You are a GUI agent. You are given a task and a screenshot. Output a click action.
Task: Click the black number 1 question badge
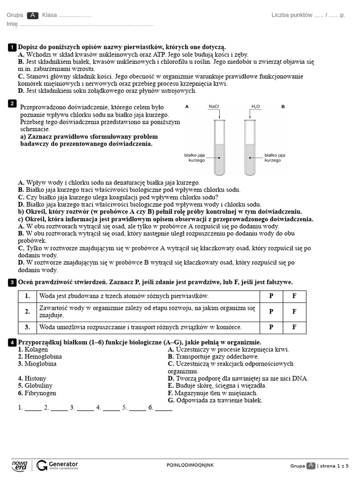[12, 47]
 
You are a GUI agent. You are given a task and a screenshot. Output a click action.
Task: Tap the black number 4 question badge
[12, 343]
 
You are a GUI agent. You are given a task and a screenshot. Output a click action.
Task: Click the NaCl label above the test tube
[214, 107]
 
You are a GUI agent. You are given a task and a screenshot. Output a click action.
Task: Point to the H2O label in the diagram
[255, 107]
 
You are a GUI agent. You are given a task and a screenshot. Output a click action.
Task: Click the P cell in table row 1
[271, 296]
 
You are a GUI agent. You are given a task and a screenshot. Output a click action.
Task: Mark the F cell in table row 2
[294, 311]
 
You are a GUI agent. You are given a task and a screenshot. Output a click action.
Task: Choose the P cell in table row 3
[271, 327]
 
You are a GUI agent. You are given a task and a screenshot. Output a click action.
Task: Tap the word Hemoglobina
[40, 357]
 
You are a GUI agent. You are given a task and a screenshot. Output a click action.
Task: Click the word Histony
[32, 378]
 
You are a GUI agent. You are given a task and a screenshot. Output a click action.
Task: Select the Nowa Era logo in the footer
[20, 465]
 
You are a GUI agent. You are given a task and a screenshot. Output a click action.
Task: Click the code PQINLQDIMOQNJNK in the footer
[190, 465]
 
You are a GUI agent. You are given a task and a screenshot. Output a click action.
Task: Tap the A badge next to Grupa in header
[33, 15]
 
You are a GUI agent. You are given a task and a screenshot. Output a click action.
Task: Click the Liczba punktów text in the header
[292, 15]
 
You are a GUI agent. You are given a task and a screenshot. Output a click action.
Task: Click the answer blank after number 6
[164, 408]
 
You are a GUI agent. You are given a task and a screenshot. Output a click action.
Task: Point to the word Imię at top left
[12, 24]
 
